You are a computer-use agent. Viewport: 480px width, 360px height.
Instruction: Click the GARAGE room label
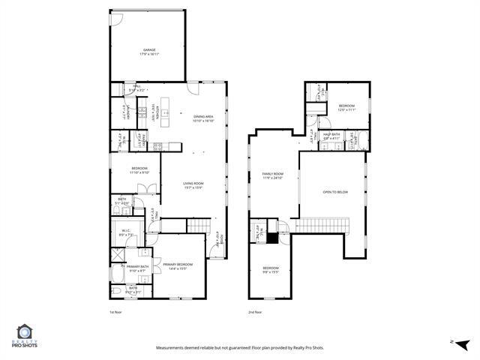click(x=149, y=52)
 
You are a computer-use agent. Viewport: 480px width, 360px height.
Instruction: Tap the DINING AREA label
click(x=203, y=118)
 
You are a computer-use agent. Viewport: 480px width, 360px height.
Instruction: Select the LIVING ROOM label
click(x=193, y=184)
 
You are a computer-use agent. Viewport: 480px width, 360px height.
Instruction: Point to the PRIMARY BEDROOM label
click(x=178, y=265)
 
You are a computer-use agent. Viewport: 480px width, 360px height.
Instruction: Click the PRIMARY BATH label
click(x=138, y=268)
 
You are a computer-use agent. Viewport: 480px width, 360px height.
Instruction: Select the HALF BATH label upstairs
click(x=332, y=136)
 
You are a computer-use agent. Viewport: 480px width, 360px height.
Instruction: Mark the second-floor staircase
click(x=323, y=225)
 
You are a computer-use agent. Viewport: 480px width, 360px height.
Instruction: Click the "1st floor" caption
click(x=115, y=312)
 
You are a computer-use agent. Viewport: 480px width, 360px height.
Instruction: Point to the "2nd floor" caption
click(x=255, y=312)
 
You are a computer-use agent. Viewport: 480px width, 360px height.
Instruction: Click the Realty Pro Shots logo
click(x=25, y=336)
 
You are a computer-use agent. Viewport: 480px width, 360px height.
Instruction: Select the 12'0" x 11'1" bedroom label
click(x=346, y=108)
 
